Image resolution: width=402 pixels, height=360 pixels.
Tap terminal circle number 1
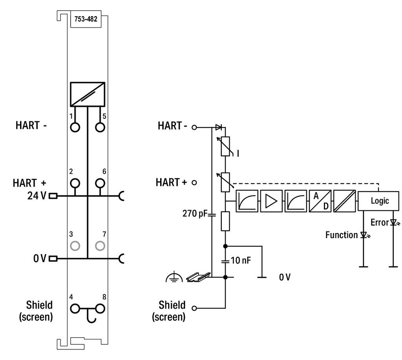point(75,127)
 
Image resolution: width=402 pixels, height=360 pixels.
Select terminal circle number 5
point(100,127)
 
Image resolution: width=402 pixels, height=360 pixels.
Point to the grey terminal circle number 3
point(75,246)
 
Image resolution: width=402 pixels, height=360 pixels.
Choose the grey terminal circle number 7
point(100,246)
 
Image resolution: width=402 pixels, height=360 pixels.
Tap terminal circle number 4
point(75,309)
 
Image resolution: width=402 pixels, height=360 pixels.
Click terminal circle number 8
point(100,309)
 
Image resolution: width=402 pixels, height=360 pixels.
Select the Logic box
point(379,201)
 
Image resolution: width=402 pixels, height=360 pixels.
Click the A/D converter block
point(320,201)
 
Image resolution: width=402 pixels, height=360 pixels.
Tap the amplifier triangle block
point(271,201)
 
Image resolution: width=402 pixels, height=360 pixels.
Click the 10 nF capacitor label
point(241,260)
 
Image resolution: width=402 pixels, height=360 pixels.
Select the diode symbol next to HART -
point(219,127)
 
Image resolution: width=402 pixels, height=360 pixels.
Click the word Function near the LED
point(341,235)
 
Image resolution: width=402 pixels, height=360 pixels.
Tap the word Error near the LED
point(379,222)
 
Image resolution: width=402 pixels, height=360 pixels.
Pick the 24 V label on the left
point(37,195)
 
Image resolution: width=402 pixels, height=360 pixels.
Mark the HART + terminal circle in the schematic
point(194,183)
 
